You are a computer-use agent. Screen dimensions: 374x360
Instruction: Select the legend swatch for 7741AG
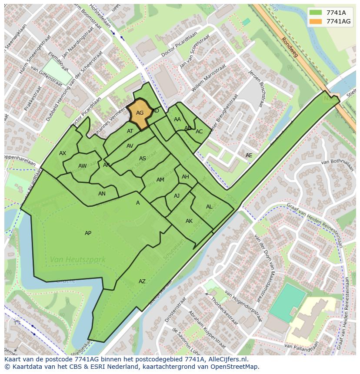click(316, 21)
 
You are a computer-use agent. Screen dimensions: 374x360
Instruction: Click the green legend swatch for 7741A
click(316, 13)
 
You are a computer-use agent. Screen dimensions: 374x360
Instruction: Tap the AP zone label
click(88, 233)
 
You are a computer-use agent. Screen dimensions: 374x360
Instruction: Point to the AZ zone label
click(142, 281)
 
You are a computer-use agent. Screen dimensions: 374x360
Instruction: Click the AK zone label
click(189, 221)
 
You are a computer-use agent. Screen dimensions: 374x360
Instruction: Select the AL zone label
click(209, 207)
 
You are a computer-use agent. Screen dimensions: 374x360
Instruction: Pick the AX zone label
click(63, 153)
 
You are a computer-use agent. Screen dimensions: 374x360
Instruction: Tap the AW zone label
click(82, 166)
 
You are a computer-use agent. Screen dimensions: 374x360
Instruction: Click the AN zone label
click(102, 194)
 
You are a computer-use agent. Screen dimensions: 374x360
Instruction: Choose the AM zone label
click(160, 180)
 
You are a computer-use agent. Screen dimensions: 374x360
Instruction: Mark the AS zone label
click(143, 159)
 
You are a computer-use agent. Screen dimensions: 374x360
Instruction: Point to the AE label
click(249, 156)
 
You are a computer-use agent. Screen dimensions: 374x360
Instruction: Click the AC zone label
click(199, 132)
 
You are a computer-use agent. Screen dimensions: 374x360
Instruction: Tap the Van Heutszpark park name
click(77, 260)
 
